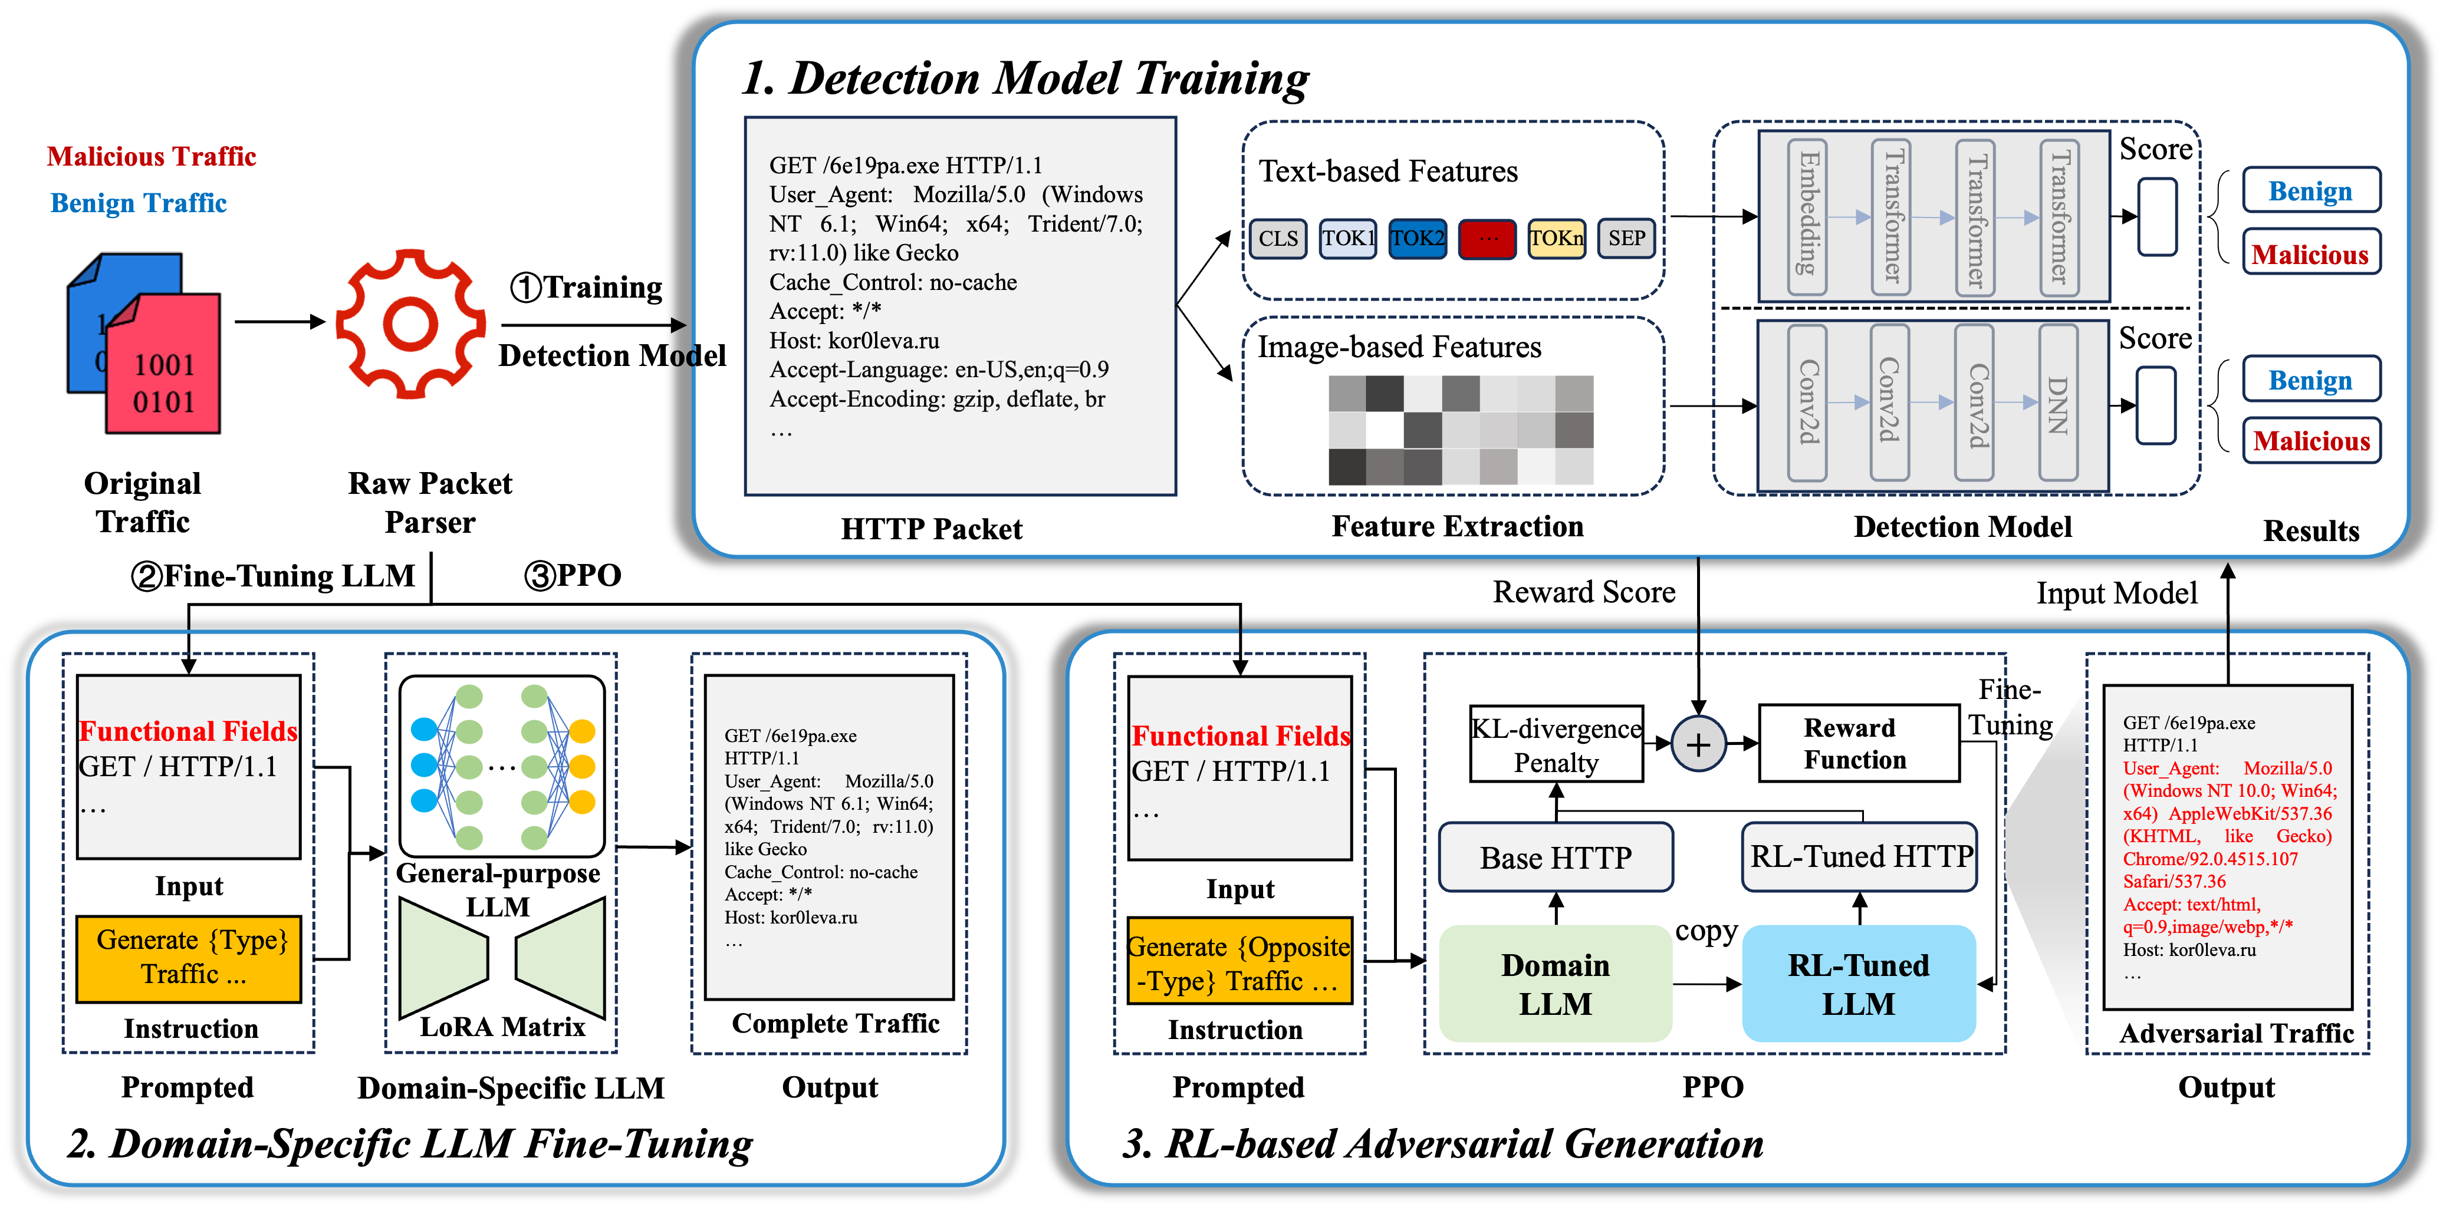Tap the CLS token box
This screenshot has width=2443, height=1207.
pos(1277,238)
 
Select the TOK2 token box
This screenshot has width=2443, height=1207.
pos(1417,238)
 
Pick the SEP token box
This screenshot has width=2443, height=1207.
pos(1626,238)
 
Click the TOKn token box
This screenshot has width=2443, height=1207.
pos(1556,238)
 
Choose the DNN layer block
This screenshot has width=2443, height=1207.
pos(2057,404)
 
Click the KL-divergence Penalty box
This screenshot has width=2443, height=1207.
pos(1556,744)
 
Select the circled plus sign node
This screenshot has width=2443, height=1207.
pos(1698,744)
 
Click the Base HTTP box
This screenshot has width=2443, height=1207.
pos(1556,857)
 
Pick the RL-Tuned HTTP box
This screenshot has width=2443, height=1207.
pos(1860,856)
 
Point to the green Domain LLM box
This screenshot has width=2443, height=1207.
pos(1556,983)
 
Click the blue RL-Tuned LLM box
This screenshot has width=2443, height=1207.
pos(1859,983)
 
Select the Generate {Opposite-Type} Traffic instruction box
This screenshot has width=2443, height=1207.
pos(1239,961)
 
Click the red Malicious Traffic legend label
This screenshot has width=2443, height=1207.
pos(152,156)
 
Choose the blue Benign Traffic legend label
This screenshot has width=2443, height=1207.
pos(139,203)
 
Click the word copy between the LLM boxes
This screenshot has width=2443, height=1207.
pos(1706,932)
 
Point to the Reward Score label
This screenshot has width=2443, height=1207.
pos(1584,592)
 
